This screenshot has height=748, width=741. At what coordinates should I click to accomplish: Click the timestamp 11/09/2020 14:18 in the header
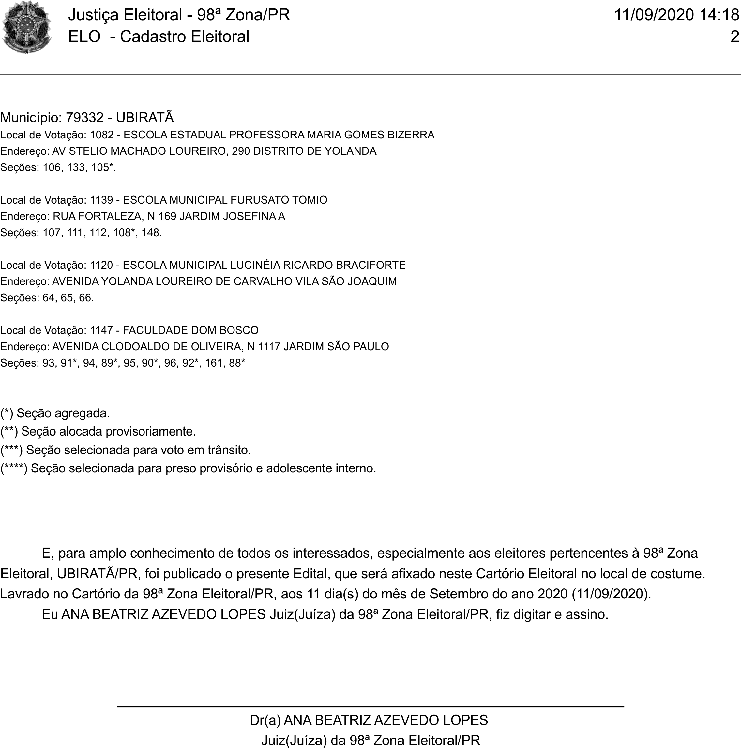pyautogui.click(x=676, y=15)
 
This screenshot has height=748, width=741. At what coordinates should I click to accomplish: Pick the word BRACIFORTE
pyautogui.click(x=370, y=265)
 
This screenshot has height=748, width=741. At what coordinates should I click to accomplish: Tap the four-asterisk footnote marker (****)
pyautogui.click(x=14, y=468)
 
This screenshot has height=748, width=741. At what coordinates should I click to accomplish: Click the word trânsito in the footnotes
pyautogui.click(x=229, y=450)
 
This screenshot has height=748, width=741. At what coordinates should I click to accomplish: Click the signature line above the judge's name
pyautogui.click(x=370, y=707)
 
